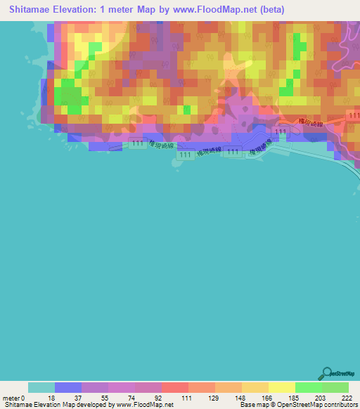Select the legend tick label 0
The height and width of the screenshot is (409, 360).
28,398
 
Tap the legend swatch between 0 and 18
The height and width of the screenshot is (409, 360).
41,387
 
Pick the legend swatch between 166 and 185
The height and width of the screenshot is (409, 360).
282,387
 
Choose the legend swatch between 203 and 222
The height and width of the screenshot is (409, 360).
335,387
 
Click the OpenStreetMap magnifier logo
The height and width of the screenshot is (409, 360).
326,373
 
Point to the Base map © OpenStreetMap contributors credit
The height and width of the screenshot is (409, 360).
297,405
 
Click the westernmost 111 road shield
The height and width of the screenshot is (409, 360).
137,143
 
